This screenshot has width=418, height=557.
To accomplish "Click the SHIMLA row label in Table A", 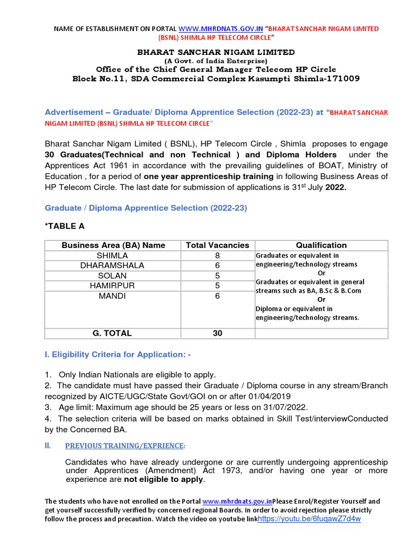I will point(113,255).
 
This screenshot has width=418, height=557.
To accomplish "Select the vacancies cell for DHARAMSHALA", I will point(217,265).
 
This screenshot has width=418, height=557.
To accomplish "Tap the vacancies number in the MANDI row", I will point(217,296).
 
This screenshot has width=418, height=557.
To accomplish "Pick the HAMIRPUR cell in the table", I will point(113,286).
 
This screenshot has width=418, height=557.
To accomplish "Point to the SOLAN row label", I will point(113,275).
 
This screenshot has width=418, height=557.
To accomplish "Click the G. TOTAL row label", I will point(113,333).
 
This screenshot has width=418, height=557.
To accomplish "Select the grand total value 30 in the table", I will point(217,333).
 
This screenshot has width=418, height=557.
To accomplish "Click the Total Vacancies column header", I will point(217,245).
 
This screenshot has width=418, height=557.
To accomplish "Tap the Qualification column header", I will point(321,245).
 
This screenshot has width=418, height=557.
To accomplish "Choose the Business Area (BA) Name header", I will point(113,245).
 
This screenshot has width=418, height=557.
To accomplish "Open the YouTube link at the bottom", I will point(309,519).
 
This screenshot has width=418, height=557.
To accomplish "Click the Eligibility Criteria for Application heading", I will point(117,355).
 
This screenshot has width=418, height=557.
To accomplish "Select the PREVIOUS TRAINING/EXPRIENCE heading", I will point(125,445).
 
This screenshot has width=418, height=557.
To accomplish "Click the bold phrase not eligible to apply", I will point(163,480).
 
